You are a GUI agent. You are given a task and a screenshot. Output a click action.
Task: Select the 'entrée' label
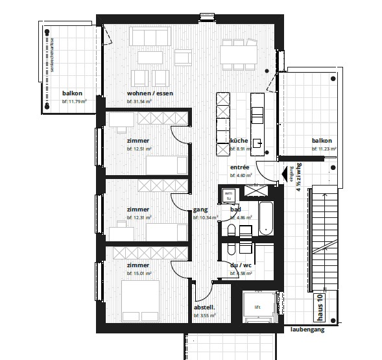tap(240, 167)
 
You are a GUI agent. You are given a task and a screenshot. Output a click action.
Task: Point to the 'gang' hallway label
tap(200, 210)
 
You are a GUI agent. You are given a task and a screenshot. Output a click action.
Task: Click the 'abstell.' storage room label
tap(204, 307)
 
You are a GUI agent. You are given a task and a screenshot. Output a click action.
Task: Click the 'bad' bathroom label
tap(235, 210)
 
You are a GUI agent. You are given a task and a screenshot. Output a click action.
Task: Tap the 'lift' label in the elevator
tap(257, 307)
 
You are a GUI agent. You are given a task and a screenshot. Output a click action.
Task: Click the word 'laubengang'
tap(307, 330)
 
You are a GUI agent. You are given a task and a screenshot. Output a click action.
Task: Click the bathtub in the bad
tap(265, 220)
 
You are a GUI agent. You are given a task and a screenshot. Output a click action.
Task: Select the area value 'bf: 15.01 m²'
tap(139, 274)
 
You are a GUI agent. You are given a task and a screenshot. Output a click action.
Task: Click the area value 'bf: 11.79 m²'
tap(75, 101)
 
